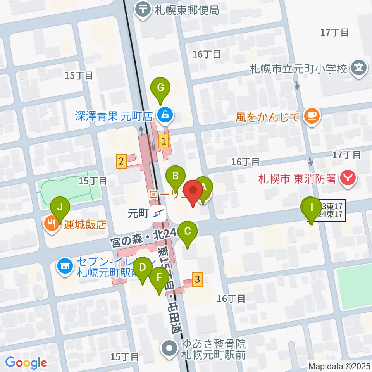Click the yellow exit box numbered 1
[165, 141]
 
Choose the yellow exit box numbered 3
[198, 279]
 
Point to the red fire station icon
[348, 178]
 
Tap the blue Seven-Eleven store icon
[65, 266]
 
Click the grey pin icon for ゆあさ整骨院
[170, 348]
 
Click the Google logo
[26, 363]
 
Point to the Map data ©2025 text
[339, 365]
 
